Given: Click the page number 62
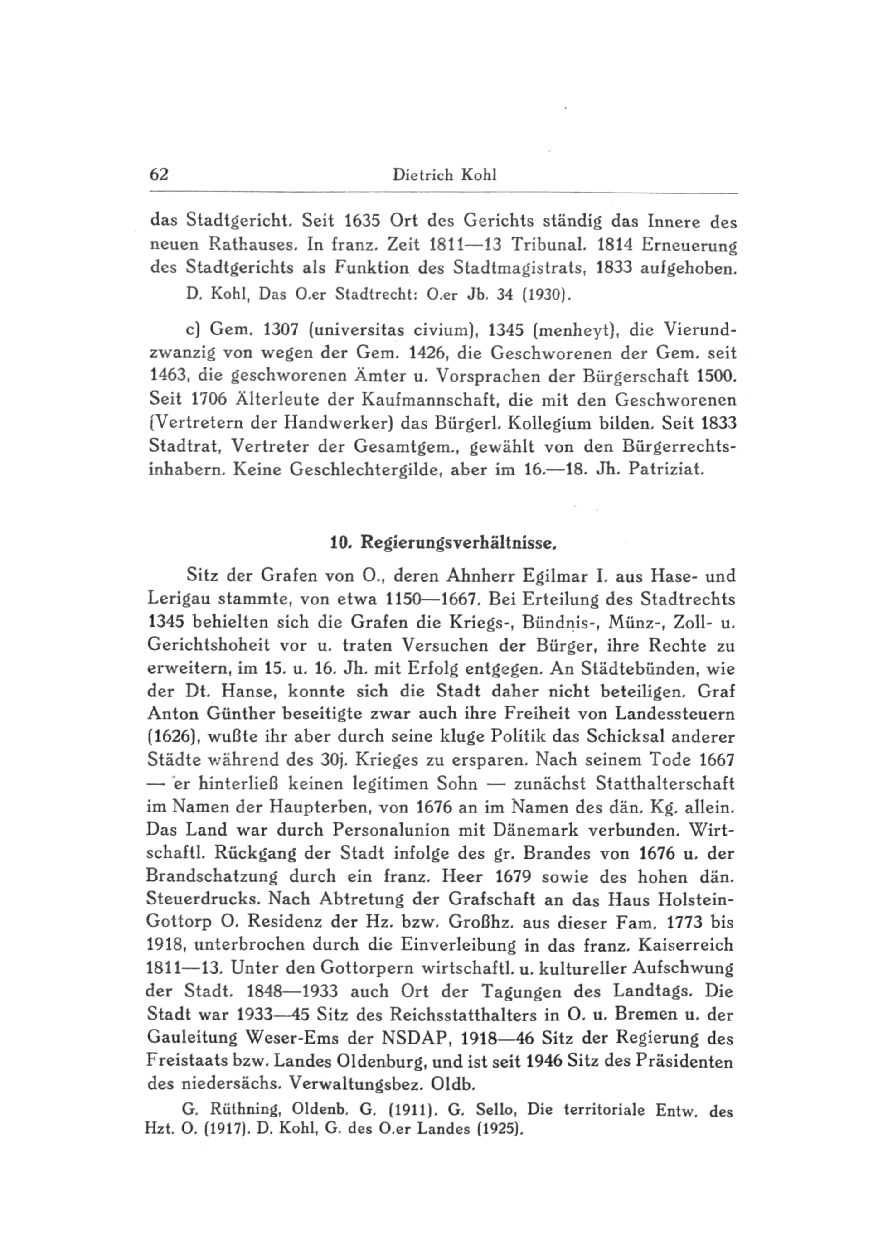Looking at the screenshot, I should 159,174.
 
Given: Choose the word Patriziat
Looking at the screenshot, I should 666,469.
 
